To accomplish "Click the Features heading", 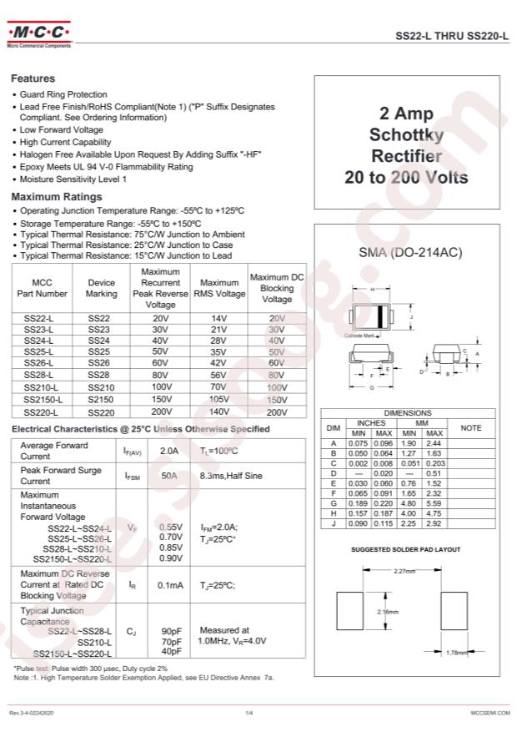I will point(33,78).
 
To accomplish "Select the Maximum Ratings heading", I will point(56,197).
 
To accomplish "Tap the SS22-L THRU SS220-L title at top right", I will point(450,37).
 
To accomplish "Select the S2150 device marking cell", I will point(101,400).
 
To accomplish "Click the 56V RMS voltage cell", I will point(218,376).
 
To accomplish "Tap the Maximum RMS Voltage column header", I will point(219,288).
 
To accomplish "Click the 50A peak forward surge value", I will point(169,475).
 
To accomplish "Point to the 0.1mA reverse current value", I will point(170,585).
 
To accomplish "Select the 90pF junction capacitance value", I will point(171,631).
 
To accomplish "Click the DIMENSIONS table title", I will point(407,413).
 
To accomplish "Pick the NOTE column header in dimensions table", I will point(471,428).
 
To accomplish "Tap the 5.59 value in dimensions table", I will point(434,503).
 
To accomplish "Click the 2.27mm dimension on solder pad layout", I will point(403,571).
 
